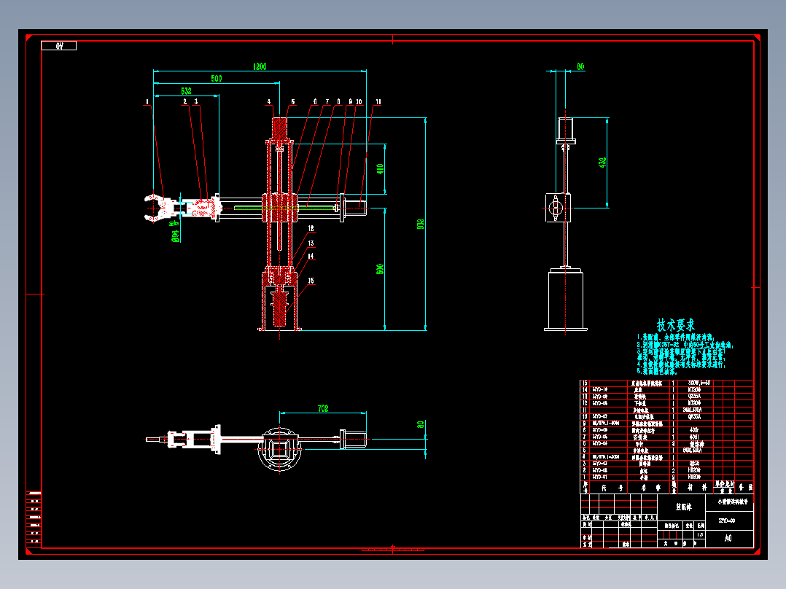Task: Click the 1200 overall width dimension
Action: click(x=260, y=66)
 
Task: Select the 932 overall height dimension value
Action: click(x=421, y=225)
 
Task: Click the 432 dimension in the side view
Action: click(x=602, y=162)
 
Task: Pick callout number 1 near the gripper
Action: click(x=147, y=102)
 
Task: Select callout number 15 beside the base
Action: click(x=311, y=281)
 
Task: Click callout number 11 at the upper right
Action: click(x=378, y=102)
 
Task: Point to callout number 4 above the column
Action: click(x=268, y=102)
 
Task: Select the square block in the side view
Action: click(x=558, y=208)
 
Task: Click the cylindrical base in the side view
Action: click(x=565, y=300)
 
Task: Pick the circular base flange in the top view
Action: click(x=280, y=450)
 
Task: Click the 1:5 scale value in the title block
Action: click(x=699, y=535)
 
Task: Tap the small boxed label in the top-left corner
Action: click(x=59, y=46)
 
